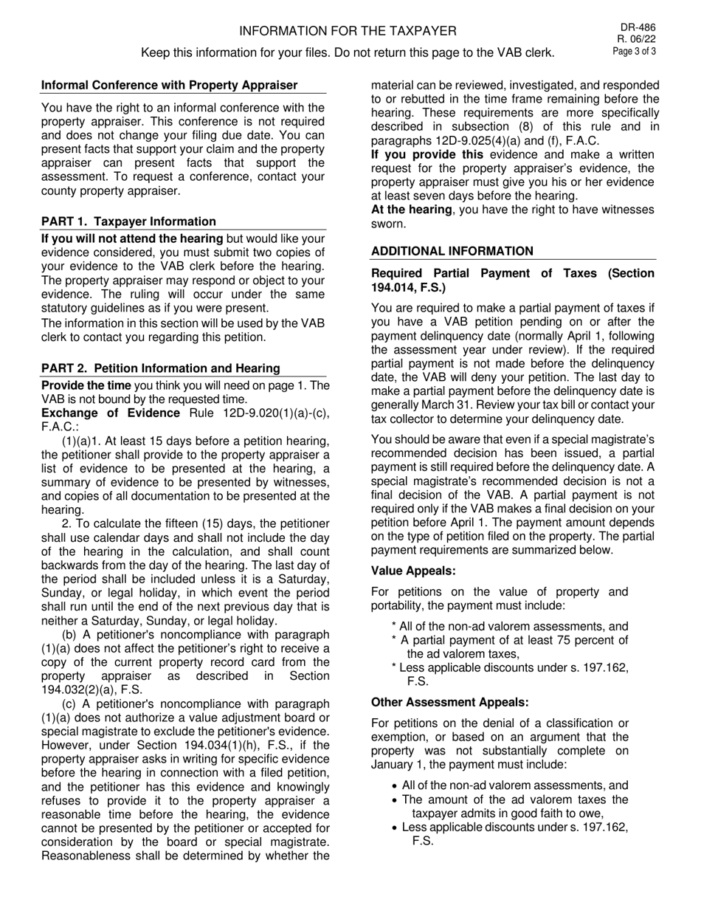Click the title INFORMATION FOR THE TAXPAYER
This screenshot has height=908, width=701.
pos(348,31)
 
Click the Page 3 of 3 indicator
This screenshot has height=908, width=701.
pos(634,51)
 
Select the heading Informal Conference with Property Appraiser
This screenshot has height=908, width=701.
pos(170,85)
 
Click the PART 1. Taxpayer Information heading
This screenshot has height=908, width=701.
pos(128,221)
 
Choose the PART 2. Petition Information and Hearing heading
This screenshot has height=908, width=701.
pos(161,368)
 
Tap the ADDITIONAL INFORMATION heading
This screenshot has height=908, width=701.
pos(452,251)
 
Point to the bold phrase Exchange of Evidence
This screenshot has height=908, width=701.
pos(111,413)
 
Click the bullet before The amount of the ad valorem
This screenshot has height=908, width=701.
pos(396,800)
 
